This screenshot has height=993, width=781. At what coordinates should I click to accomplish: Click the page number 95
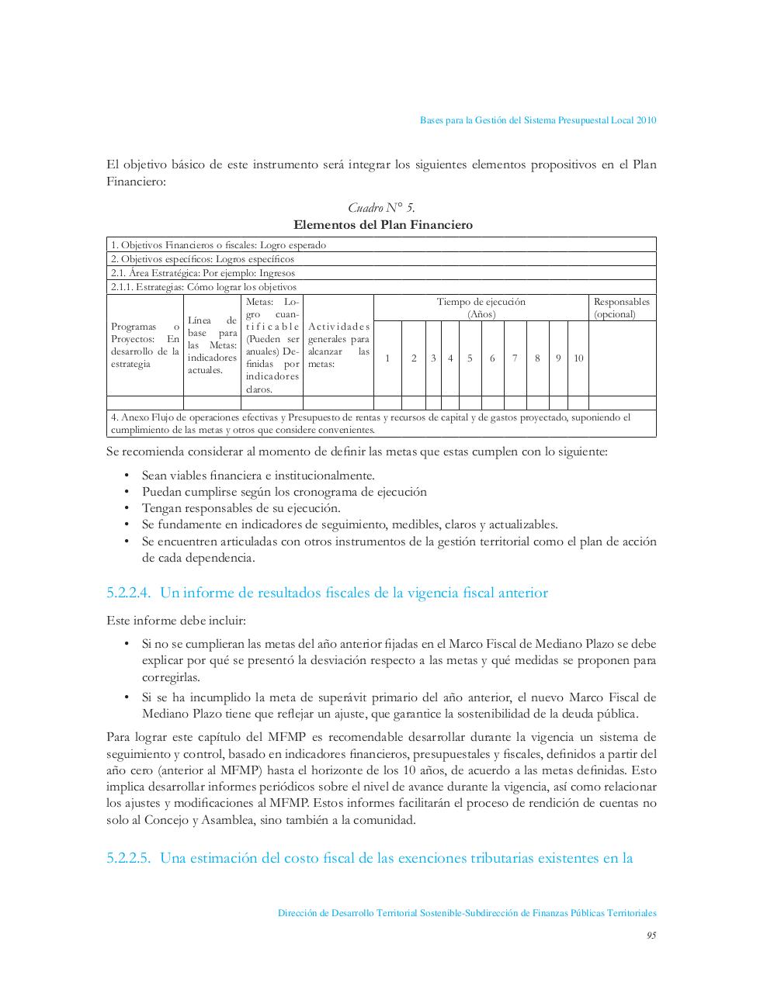(x=651, y=936)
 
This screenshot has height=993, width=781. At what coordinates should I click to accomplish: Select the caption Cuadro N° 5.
(x=381, y=207)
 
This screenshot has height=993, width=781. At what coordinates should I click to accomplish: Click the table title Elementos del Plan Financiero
(x=383, y=225)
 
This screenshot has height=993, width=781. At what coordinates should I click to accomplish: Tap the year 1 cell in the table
(x=387, y=358)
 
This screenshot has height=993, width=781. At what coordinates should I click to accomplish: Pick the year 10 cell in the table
(x=578, y=358)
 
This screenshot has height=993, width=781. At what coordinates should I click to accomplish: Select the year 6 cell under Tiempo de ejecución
(x=492, y=358)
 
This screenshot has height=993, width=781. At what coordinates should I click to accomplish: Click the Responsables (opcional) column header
(x=621, y=308)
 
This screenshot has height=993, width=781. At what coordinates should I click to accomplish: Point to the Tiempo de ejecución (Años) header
(x=481, y=308)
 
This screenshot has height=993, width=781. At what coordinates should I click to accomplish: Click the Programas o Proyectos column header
(x=145, y=345)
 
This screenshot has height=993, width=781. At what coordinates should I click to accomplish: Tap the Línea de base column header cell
(x=212, y=345)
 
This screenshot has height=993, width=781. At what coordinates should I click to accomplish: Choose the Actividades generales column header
(x=338, y=345)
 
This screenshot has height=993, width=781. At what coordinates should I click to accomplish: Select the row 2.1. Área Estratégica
(x=203, y=273)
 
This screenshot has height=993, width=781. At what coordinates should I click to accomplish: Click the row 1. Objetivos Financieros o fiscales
(x=218, y=245)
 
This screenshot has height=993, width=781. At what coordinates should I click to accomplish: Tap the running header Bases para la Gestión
(x=538, y=120)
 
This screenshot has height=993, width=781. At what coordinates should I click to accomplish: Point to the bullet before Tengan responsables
(x=126, y=509)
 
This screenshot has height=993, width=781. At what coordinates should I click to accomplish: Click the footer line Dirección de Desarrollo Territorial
(x=467, y=914)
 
